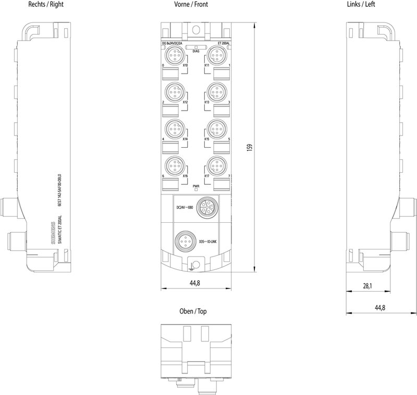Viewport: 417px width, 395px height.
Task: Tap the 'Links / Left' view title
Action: (360, 4)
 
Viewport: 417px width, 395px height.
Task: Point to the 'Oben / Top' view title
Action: (193, 312)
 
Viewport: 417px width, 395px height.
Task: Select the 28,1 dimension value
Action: (367, 286)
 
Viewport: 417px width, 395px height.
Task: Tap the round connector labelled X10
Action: (173, 54)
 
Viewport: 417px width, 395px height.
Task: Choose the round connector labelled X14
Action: (173, 128)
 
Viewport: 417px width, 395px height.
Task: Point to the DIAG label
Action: (196, 51)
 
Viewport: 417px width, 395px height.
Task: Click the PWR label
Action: (196, 186)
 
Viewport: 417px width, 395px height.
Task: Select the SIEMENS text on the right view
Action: (52, 232)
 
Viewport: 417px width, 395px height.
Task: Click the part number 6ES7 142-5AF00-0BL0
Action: (59, 191)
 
